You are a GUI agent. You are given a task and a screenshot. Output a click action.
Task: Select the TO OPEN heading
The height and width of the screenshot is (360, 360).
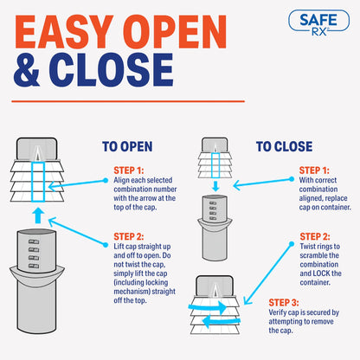coord(129,147)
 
